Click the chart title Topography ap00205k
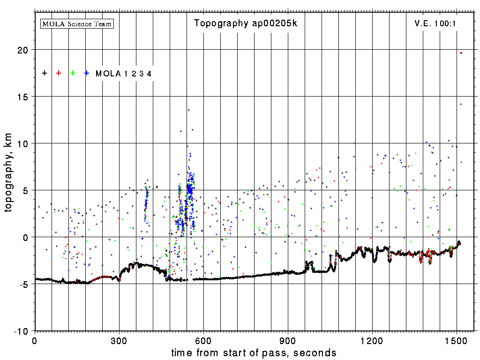(245, 23)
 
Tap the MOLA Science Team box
(77, 23)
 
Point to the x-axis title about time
(254, 352)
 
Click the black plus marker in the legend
(45, 73)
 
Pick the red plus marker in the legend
(59, 73)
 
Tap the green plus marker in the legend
(73, 73)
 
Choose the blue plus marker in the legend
(87, 73)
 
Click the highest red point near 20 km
(461, 53)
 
